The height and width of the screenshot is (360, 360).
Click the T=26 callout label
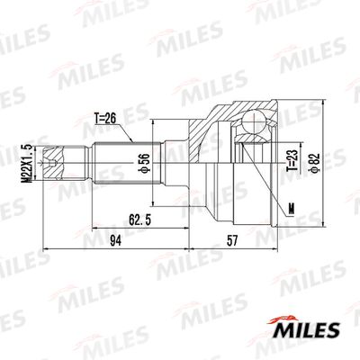point(105,119)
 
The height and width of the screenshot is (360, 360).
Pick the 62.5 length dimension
point(139,220)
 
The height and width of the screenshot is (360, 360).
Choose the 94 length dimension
point(115,241)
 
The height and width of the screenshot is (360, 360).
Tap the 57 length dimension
point(232,241)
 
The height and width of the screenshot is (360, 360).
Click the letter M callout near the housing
point(291,209)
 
